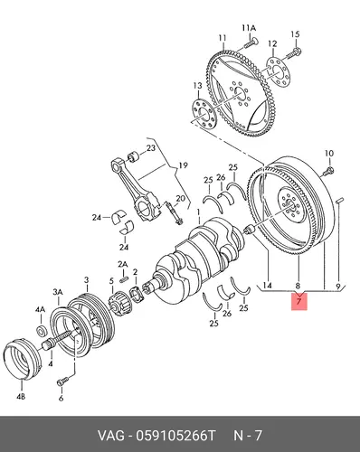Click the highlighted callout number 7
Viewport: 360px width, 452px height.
tap(298, 301)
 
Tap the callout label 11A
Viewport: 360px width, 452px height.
tap(249, 28)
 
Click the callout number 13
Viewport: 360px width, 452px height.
tap(198, 86)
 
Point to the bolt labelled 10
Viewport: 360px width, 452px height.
tap(328, 171)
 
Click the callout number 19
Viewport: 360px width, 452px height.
tap(183, 165)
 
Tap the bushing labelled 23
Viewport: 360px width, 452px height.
tap(133, 156)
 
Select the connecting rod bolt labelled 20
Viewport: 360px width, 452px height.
tap(174, 212)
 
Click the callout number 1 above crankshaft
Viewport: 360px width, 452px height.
tap(199, 212)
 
